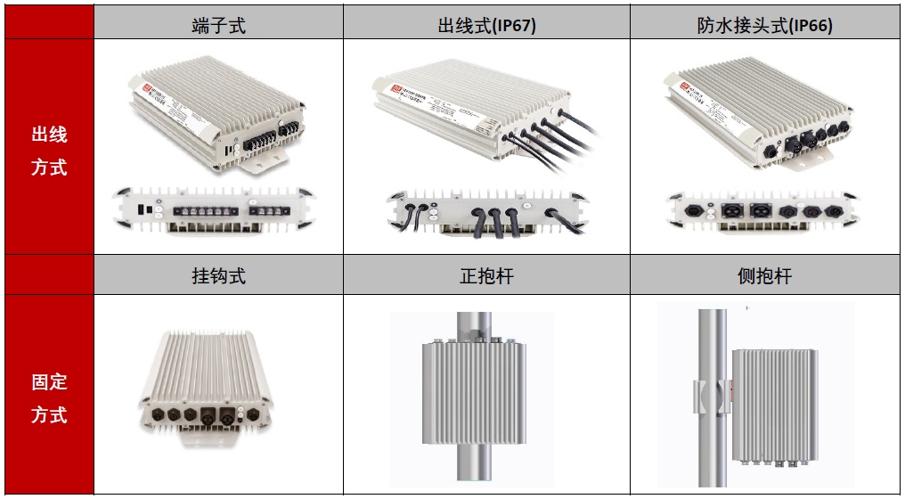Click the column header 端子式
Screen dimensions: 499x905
point(218,25)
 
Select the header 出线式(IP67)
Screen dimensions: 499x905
point(486,25)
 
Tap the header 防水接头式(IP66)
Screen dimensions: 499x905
point(764,25)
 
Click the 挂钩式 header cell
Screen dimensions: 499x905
point(218,276)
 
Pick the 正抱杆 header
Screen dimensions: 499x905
point(486,276)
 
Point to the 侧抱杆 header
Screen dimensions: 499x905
point(764,276)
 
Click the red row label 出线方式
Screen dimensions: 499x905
point(49,151)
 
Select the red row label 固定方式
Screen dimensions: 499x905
point(49,398)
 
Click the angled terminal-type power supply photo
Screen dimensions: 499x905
point(218,114)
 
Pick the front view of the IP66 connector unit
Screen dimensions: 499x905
point(762,212)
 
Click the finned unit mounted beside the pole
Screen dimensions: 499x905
point(774,403)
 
